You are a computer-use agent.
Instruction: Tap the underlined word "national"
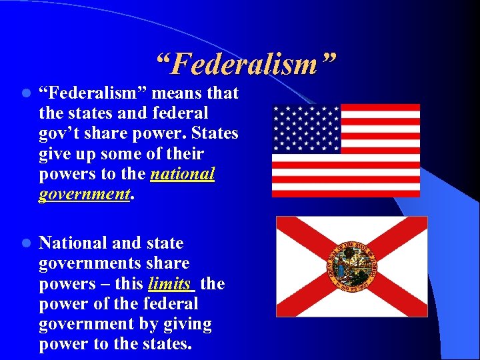pos(183,174)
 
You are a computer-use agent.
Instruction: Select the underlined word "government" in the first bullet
pos(83,194)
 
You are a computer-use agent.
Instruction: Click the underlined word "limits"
pos(170,284)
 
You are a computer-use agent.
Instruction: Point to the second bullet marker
pos(25,244)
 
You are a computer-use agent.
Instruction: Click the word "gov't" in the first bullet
pos(60,133)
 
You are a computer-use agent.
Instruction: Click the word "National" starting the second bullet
pos(70,243)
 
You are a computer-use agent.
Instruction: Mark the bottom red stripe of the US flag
pos(346,193)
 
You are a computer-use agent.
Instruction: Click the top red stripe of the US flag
pos(380,107)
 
